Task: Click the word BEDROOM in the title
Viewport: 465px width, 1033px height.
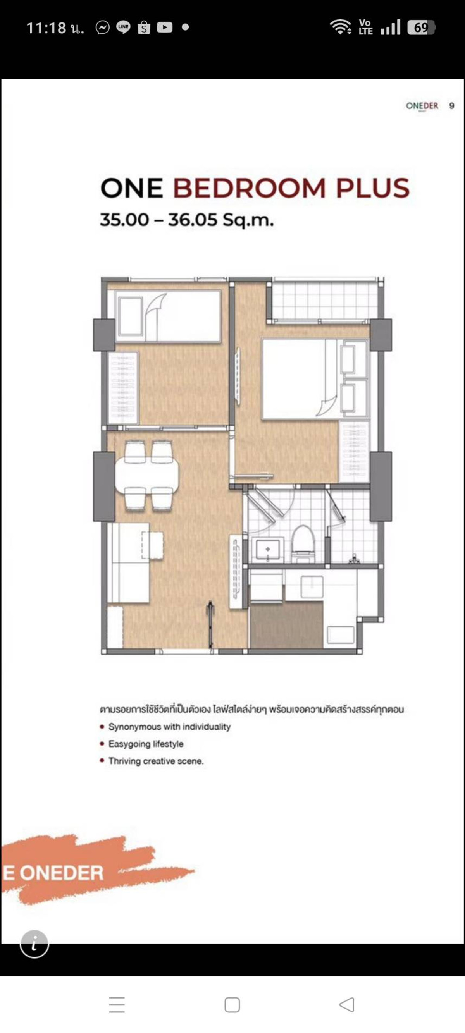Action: coord(249,188)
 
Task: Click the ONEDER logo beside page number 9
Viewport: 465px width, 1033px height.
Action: coord(422,106)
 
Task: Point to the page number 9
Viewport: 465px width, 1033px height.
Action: coord(451,106)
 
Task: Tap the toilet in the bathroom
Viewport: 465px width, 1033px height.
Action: coord(303,544)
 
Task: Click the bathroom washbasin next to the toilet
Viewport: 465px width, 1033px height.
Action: coord(267,549)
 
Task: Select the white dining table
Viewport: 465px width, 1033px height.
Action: coord(147,475)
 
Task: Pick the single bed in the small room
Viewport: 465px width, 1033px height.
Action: coord(168,316)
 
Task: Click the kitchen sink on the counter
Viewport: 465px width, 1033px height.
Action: coord(312,588)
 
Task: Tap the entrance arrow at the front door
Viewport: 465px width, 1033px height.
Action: coord(210,624)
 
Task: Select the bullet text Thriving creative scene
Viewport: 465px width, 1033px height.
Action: coord(156,761)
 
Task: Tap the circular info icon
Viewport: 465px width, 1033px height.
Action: coord(34,944)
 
